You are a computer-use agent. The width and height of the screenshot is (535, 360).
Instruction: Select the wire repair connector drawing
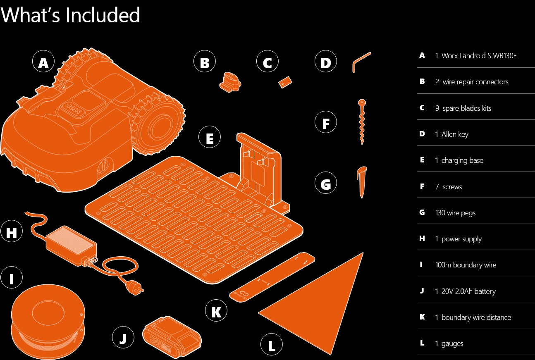coord(230,82)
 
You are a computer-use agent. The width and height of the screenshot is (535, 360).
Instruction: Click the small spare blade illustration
coord(285,82)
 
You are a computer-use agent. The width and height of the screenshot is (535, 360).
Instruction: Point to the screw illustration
coord(362,122)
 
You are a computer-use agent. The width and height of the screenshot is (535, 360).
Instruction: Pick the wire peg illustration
coord(362,182)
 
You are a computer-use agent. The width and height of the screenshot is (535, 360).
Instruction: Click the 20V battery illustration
coord(172,337)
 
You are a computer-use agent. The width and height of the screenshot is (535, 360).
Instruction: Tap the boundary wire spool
coord(48,321)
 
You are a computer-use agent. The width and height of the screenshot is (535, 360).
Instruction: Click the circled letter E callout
coord(210,137)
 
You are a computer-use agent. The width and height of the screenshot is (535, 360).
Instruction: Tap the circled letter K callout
coord(216,310)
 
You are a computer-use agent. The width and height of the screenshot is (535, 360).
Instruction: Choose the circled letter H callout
coord(12,231)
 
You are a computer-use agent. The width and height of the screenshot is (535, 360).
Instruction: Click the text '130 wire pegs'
coord(455,213)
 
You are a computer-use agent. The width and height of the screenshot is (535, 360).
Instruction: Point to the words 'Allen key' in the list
coord(455,134)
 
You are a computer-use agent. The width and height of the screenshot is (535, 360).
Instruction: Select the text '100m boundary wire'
coord(466,265)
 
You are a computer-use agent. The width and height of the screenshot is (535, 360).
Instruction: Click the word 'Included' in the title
coord(103,15)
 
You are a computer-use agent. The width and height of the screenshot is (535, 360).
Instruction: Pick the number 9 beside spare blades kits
coord(437,108)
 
